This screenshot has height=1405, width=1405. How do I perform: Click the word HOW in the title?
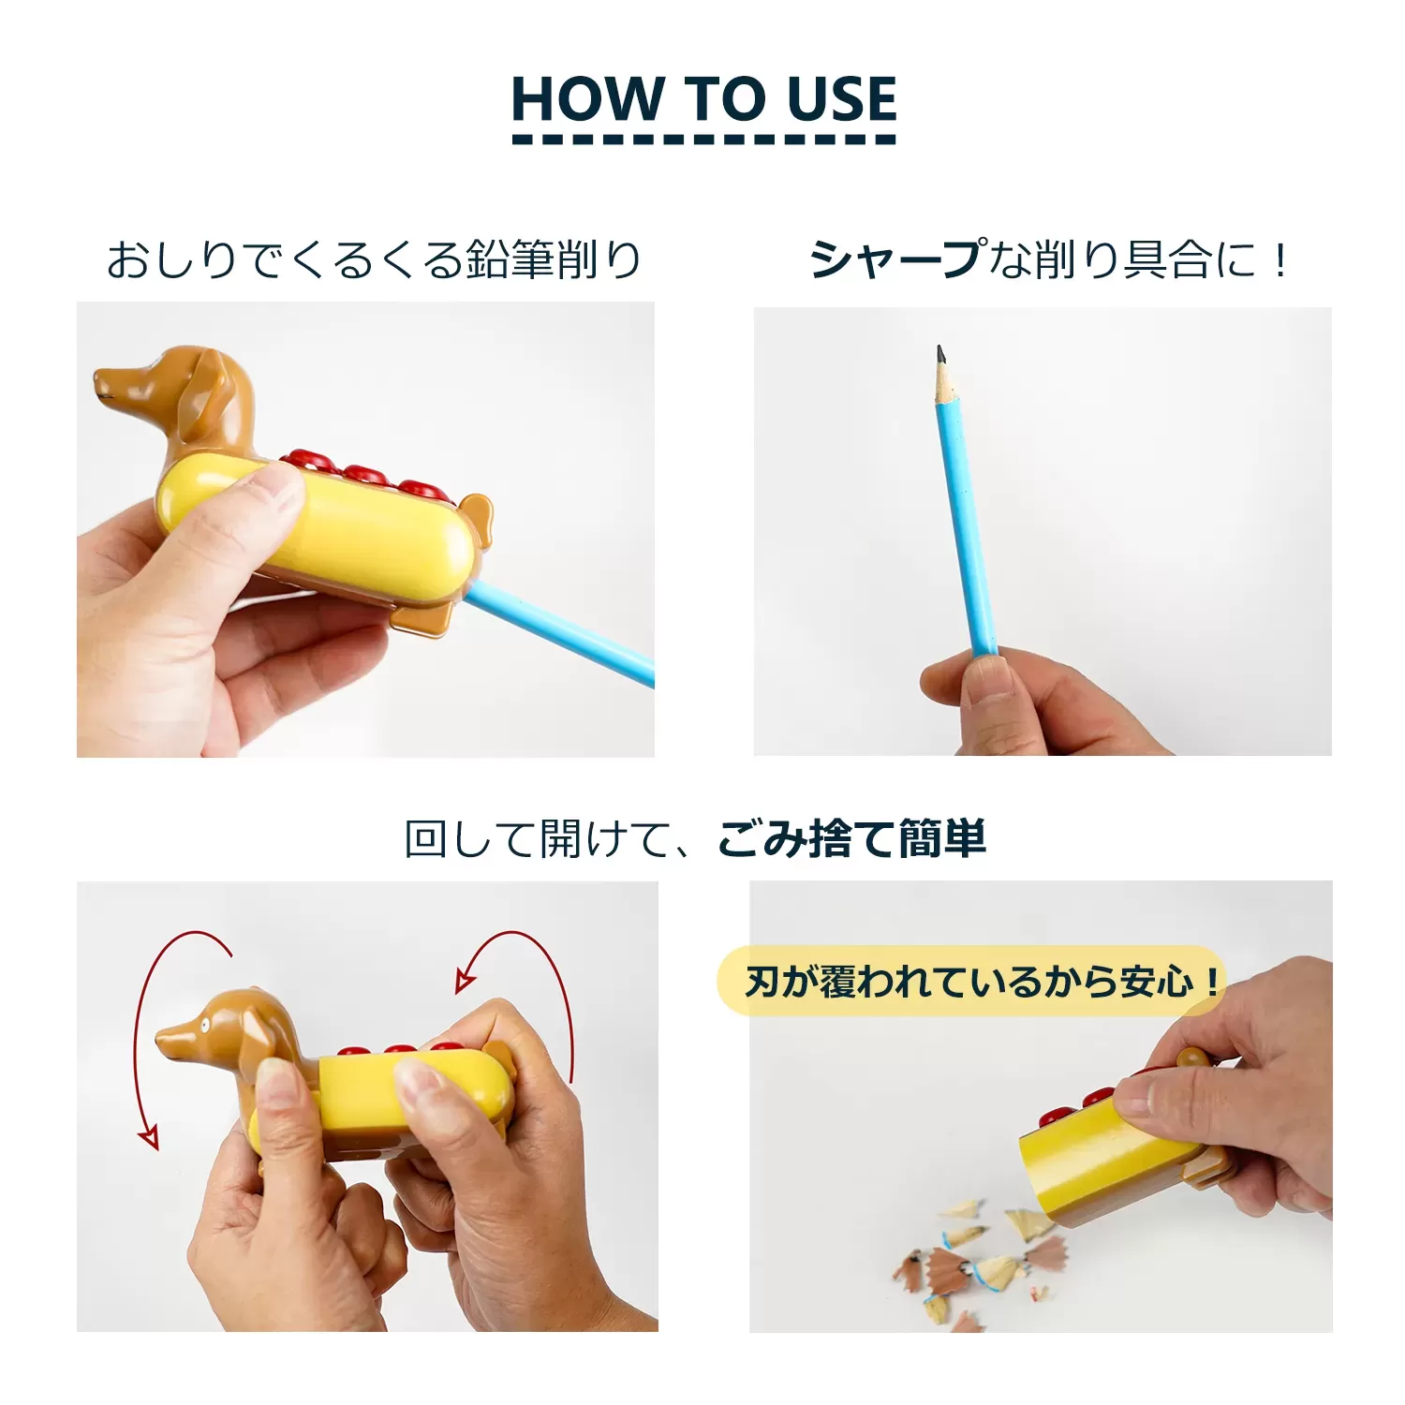point(586,99)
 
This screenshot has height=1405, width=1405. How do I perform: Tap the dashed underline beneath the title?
point(703,140)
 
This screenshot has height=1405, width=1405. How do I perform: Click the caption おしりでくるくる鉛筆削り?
point(373,259)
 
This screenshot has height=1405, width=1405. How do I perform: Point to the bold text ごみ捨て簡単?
point(851,838)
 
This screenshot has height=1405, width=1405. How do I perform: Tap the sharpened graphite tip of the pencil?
point(939,354)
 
